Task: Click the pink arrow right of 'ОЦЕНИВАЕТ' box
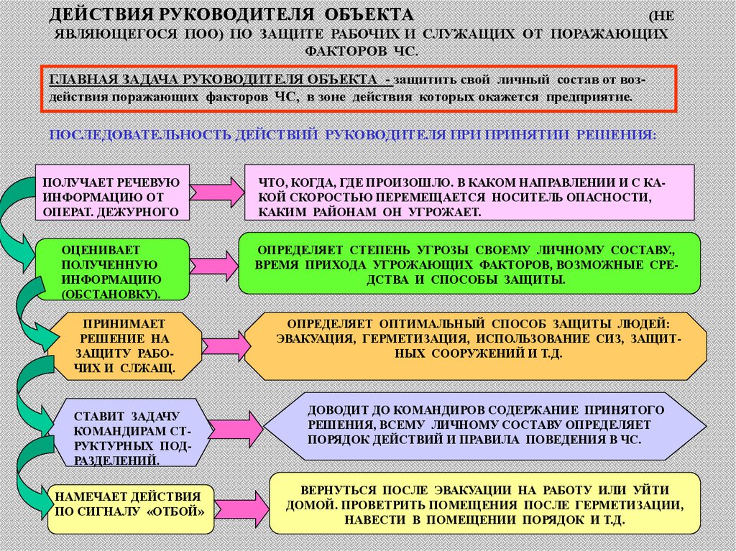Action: click(x=215, y=266)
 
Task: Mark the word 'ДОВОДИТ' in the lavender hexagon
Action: click(x=335, y=409)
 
